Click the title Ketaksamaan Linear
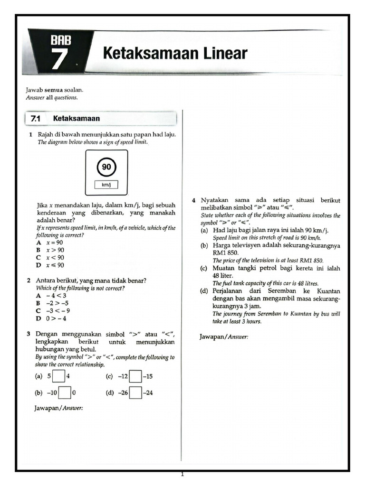point(175,53)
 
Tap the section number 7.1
point(36,118)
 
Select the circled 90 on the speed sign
point(106,167)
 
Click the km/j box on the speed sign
point(106,185)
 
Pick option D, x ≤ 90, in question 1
point(50,265)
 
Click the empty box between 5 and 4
point(58,376)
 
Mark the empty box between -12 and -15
point(135,376)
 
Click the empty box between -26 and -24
point(135,393)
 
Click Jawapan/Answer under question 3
point(59,408)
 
